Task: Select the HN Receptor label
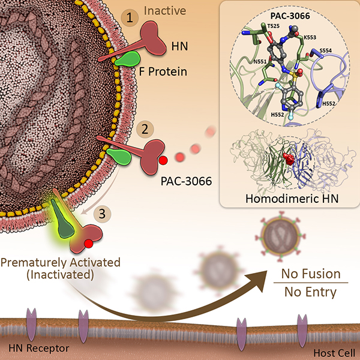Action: (x=38, y=347)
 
